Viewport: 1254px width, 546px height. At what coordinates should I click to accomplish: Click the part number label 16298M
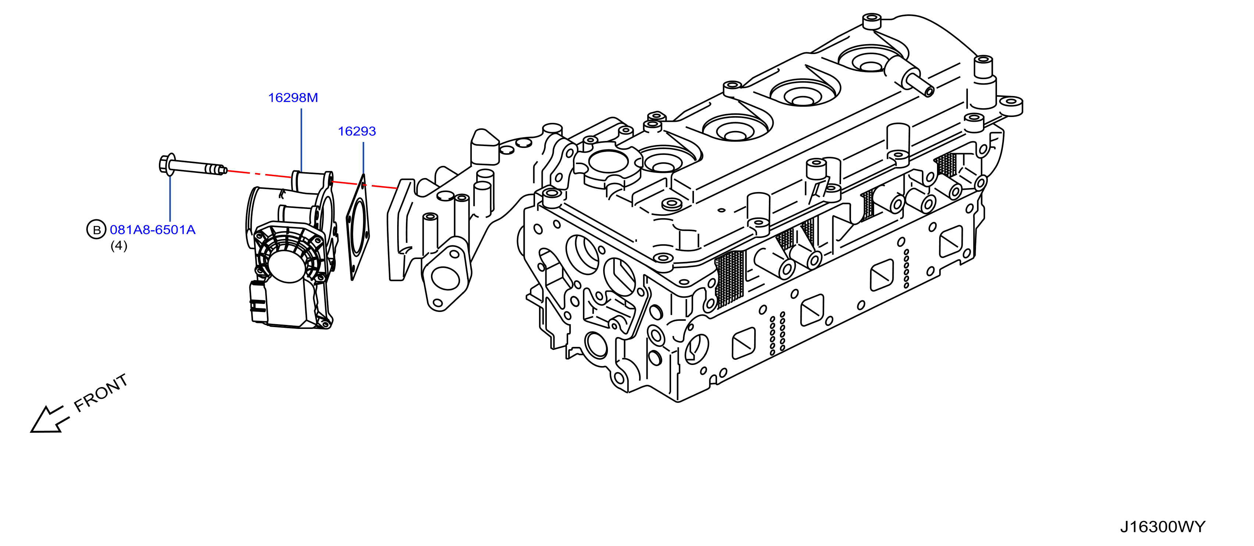point(293,98)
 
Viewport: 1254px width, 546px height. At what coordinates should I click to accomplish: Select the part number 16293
point(357,131)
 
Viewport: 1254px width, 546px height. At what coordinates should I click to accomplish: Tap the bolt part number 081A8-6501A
point(152,230)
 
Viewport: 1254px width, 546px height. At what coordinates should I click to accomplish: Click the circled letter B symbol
point(96,230)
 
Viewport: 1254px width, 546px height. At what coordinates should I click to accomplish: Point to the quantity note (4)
point(119,246)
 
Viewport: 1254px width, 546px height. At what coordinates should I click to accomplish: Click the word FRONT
point(101,393)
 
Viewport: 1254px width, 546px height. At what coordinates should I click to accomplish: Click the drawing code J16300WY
point(1162,527)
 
